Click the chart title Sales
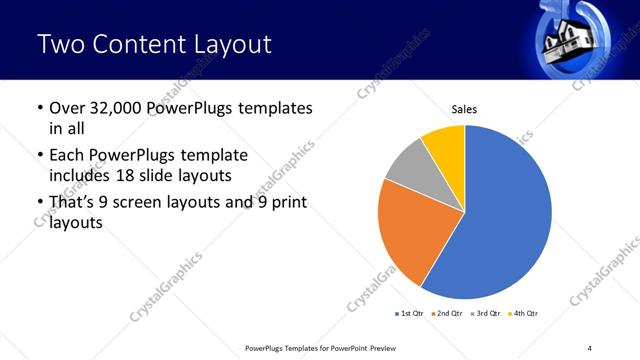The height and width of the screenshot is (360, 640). (x=465, y=108)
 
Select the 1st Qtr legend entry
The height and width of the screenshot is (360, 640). (x=411, y=314)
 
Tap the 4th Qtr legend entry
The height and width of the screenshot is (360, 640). (x=524, y=314)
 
